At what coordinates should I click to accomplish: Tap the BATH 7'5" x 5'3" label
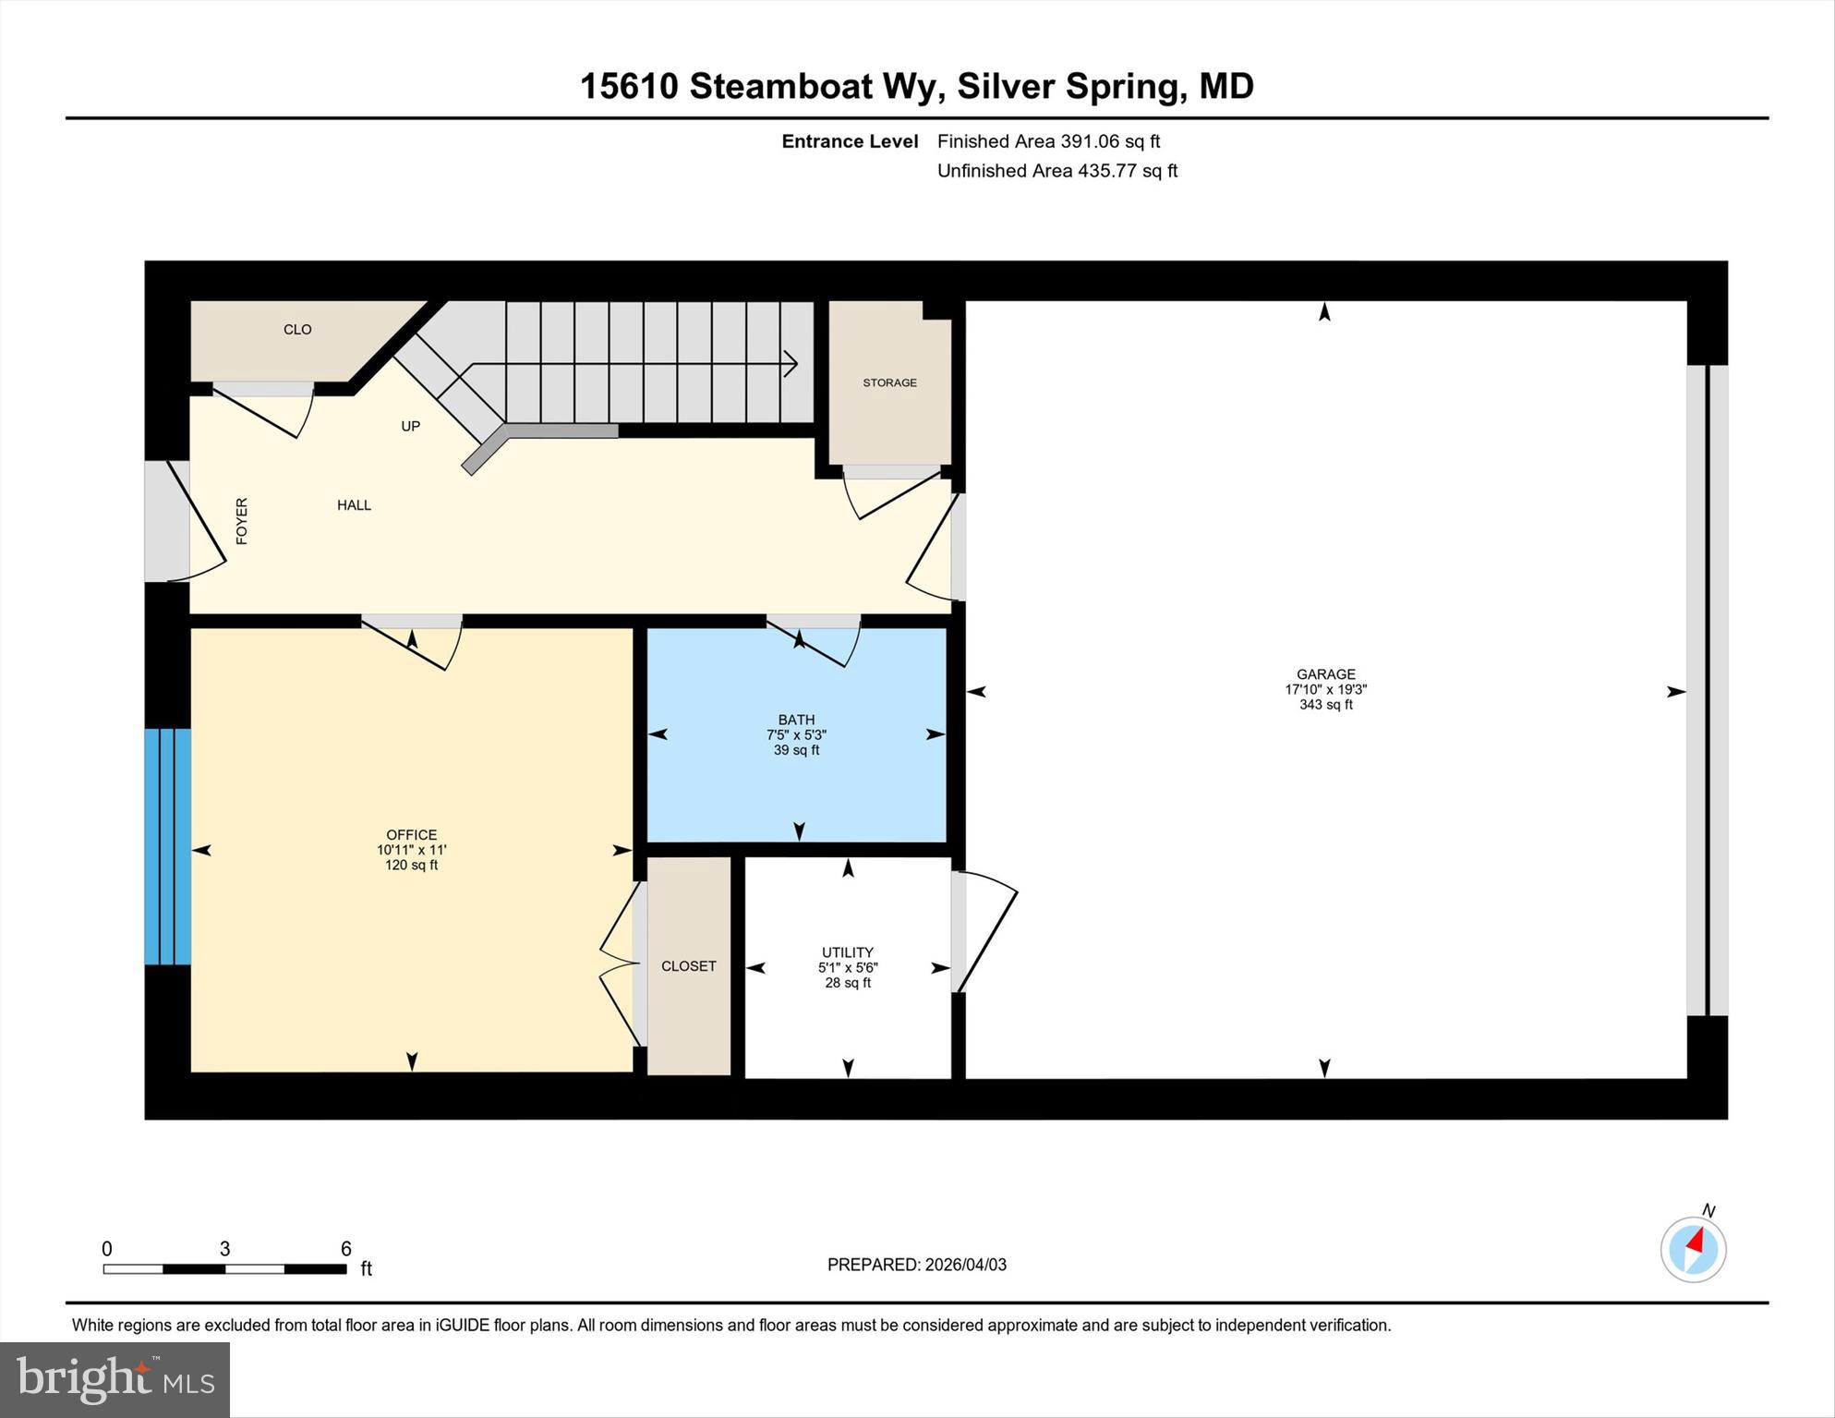point(796,734)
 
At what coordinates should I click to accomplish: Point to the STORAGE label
point(889,382)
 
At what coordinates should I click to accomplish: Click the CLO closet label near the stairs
point(297,330)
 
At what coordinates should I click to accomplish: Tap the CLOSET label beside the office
point(688,966)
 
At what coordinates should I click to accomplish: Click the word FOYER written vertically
point(242,521)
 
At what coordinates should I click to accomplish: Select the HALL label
point(354,505)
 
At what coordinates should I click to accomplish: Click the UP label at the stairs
point(410,426)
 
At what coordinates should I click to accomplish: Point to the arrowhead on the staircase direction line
point(791,364)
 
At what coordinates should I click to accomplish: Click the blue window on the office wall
point(167,846)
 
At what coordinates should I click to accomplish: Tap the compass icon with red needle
point(1693,1249)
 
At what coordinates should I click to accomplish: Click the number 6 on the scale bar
point(345,1249)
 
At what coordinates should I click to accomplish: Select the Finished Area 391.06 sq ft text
point(1048,141)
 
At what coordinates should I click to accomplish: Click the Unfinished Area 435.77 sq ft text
point(1056,171)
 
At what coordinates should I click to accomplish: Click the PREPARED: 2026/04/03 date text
point(916,1265)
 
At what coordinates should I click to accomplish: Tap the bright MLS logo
point(115,1379)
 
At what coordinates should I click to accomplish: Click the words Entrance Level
point(850,141)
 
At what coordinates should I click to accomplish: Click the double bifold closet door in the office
point(620,965)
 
